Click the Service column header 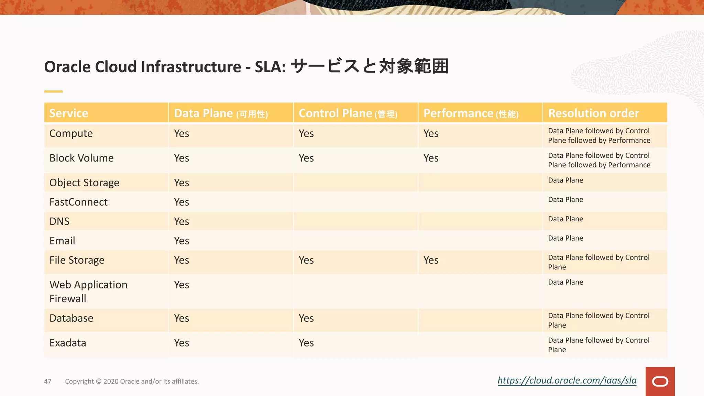(69, 113)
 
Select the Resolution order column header (594, 113)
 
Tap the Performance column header (471, 113)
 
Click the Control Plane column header (348, 113)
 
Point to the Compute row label (71, 133)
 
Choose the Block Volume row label (81, 158)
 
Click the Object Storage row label (84, 183)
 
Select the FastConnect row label (78, 202)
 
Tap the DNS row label (59, 221)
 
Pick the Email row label (62, 241)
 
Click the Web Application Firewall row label (88, 291)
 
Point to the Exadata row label (68, 343)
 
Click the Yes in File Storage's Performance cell (431, 260)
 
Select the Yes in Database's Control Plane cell (306, 318)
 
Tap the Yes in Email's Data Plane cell (181, 241)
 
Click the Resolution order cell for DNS (565, 219)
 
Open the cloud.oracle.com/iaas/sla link (567, 380)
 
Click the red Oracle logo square (660, 381)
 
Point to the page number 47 (48, 381)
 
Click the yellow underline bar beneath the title (53, 91)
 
